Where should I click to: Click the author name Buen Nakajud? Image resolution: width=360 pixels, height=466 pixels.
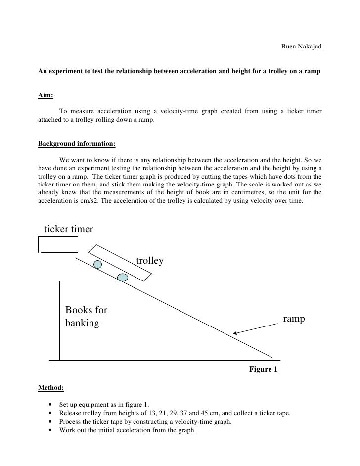[301, 47]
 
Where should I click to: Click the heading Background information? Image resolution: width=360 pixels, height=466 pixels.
[77, 144]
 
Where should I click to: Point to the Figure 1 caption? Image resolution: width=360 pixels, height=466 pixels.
[263, 369]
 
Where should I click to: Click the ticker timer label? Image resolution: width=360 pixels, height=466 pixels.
[69, 229]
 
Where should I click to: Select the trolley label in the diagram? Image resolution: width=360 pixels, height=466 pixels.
[149, 260]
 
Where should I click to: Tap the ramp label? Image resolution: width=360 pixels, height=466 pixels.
[294, 319]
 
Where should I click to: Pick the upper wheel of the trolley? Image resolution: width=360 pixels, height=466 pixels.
[98, 264]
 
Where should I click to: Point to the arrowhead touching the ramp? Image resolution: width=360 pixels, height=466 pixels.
[235, 333]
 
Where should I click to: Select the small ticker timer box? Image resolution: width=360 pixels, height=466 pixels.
[59, 244]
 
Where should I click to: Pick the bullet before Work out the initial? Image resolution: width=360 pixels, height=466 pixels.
[51, 430]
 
